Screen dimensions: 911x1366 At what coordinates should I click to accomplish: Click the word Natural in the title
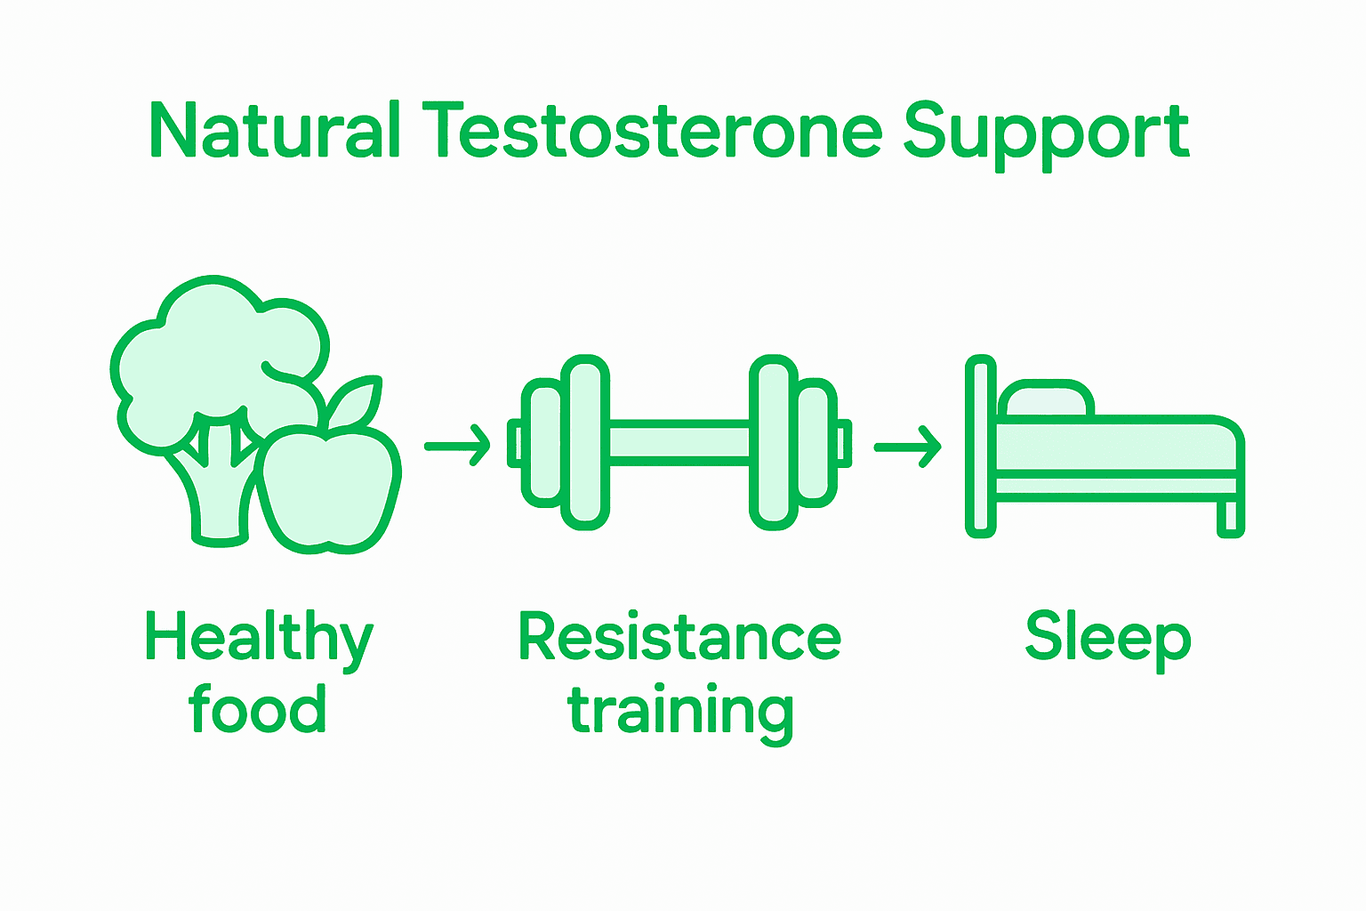tap(276, 132)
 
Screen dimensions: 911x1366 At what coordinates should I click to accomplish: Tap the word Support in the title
tap(1047, 133)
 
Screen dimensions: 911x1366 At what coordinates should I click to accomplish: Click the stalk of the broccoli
tap(218, 498)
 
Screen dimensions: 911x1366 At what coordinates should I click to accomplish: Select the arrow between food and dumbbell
tap(457, 446)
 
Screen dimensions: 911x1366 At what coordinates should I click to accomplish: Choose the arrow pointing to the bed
tap(907, 447)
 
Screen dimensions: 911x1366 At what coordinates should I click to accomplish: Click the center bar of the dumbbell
tap(679, 442)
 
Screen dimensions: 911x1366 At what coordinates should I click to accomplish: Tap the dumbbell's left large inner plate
tap(584, 442)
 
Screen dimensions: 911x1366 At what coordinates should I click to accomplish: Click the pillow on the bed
tap(1046, 400)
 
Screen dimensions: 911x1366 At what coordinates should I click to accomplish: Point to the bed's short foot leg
tap(1230, 518)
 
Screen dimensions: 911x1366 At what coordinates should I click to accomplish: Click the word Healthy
tap(258, 639)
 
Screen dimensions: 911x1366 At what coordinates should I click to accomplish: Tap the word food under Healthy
tap(257, 709)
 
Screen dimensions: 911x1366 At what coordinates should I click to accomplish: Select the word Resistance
tap(679, 637)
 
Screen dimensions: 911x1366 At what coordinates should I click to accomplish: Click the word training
tap(680, 712)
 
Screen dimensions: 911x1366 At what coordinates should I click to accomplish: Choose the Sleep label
tap(1107, 637)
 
